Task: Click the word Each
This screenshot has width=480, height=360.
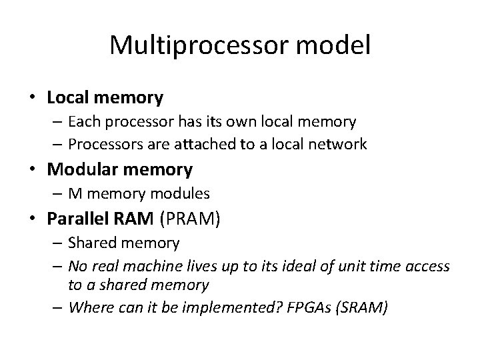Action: (82, 122)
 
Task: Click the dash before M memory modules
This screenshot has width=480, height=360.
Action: (57, 194)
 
